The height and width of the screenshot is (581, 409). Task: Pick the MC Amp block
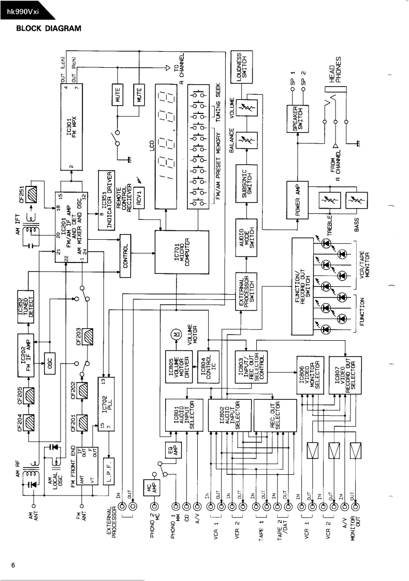(x=151, y=487)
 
